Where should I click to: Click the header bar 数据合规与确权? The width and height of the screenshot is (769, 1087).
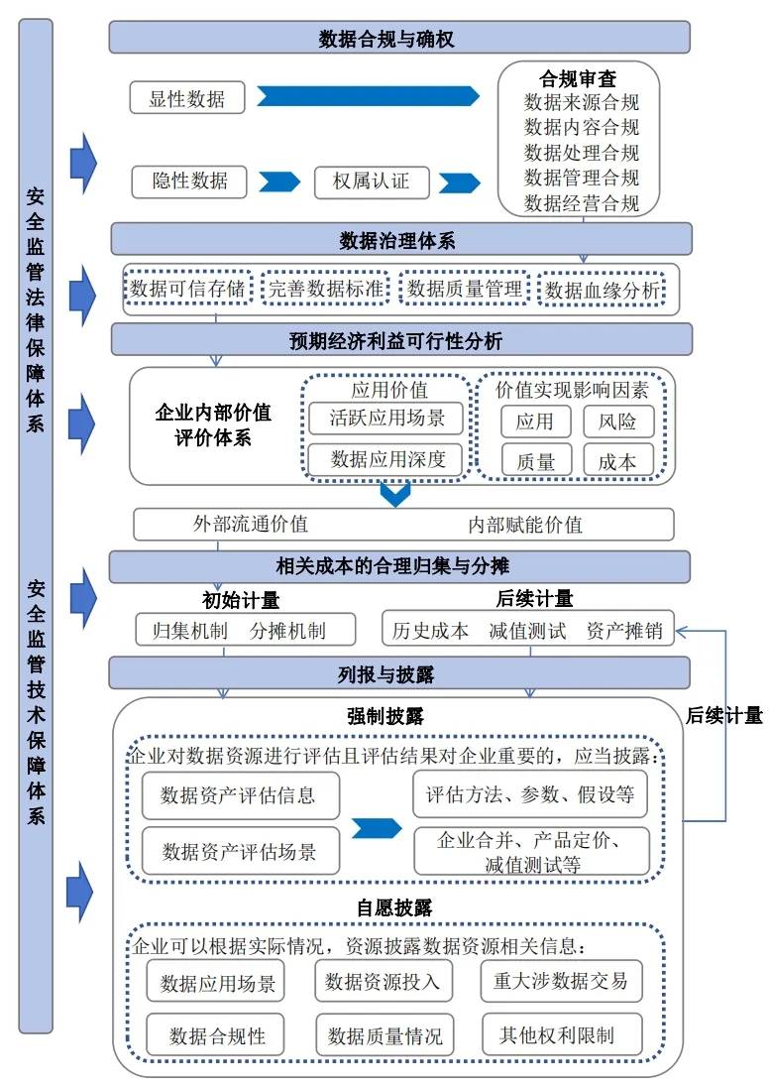(399, 38)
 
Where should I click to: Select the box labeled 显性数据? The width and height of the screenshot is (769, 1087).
(187, 98)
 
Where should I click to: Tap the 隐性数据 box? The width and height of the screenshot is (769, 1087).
(189, 181)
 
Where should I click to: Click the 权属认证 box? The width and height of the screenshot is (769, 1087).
(371, 181)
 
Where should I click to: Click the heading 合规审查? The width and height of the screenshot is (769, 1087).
(578, 78)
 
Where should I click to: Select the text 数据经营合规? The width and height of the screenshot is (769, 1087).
(581, 203)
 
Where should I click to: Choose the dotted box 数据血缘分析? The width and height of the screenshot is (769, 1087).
(602, 290)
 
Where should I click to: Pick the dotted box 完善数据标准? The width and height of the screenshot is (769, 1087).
(326, 289)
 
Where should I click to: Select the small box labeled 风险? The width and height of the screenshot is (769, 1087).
(617, 421)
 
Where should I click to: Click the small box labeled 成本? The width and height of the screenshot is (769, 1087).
(617, 461)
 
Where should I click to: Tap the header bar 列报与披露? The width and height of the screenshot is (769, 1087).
(399, 674)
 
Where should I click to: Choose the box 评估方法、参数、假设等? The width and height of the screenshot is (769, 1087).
(530, 794)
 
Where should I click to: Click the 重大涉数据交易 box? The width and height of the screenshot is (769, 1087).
(560, 981)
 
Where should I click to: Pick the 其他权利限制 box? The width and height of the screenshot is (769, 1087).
(562, 1034)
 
